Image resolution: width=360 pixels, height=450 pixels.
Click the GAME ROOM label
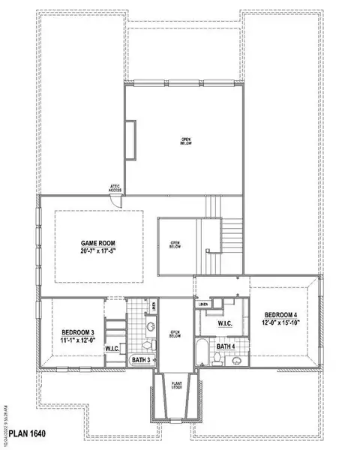99,244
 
